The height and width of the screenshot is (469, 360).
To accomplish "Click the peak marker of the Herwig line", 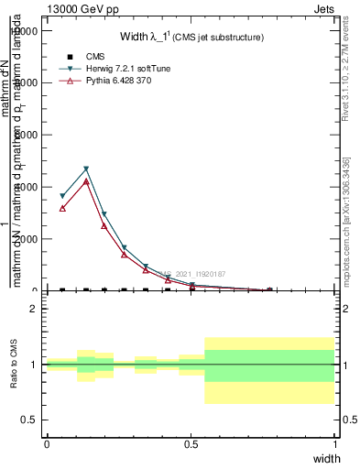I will [85, 169].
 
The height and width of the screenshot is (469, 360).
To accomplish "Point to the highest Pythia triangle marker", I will [85, 181].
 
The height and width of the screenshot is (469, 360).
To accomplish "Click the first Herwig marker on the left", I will [62, 196].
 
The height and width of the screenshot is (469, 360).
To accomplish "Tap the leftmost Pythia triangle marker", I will [62, 209].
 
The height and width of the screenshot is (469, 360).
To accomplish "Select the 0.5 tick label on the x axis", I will [191, 444].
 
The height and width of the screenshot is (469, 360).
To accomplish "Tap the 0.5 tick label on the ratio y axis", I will [30, 420].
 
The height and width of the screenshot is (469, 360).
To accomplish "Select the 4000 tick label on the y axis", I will [25, 187].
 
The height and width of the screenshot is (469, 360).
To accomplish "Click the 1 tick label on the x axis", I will [335, 444].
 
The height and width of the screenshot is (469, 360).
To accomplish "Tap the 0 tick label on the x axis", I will [47, 444].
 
